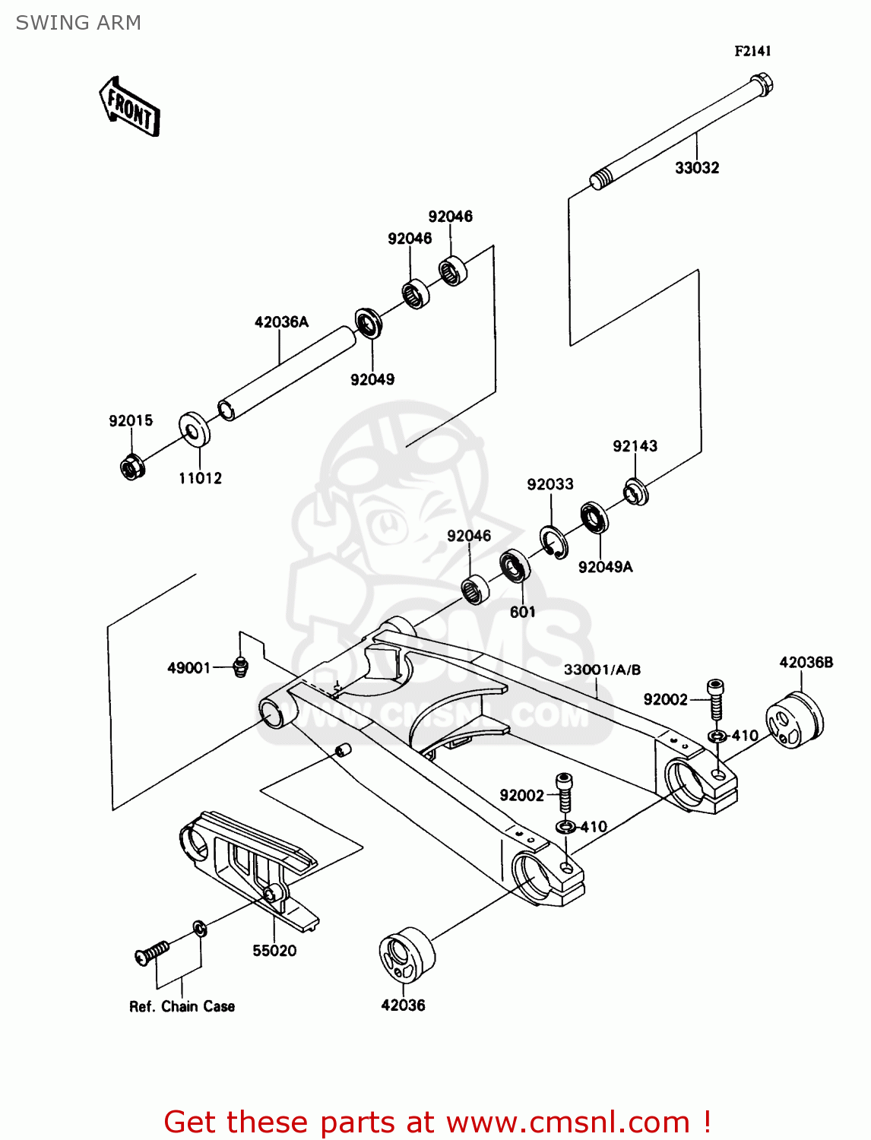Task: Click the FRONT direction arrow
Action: [x=130, y=107]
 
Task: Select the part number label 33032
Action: [x=696, y=168]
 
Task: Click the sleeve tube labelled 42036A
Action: [x=287, y=373]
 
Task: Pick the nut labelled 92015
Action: [x=132, y=466]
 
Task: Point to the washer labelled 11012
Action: [x=195, y=430]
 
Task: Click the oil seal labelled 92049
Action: [x=369, y=323]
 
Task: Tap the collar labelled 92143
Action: [x=636, y=492]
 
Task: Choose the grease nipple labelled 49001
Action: [x=240, y=667]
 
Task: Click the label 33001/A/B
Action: [x=602, y=670]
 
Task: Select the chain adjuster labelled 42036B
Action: [x=794, y=720]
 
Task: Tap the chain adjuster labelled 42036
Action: [x=407, y=957]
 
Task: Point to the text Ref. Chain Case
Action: [x=182, y=1006]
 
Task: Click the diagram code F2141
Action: [x=752, y=51]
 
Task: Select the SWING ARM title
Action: [x=78, y=23]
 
